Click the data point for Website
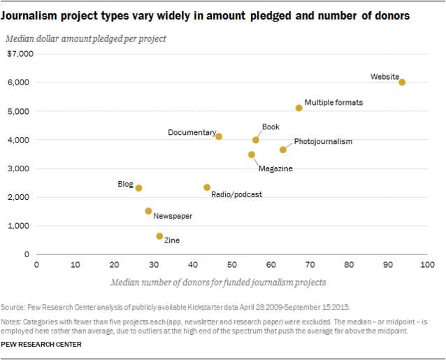pos(402,82)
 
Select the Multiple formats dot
pos(298,108)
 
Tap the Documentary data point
pos(219,136)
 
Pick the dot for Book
pos(256,140)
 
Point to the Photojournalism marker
pos(283,150)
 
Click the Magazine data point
pos(252,154)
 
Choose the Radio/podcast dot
pos(207,187)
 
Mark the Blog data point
pos(139,188)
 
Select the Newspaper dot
pos(148,211)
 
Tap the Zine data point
pos(159,236)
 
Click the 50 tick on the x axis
pos(232,265)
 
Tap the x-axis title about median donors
pos(218,282)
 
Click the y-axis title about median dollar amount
pos(86,38)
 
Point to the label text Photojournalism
pos(323,141)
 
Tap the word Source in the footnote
pos(13,308)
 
